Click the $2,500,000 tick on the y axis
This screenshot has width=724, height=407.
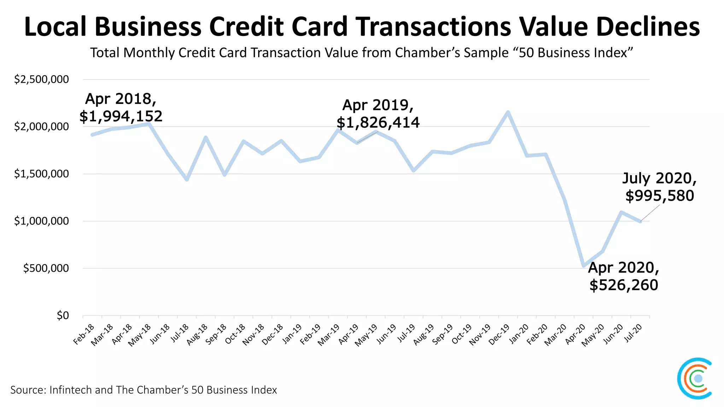41,79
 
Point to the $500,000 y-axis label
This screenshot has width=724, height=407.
46,268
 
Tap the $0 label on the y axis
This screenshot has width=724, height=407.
63,315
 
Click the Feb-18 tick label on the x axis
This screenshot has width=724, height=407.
84,334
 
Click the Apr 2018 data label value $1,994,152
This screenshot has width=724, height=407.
121,116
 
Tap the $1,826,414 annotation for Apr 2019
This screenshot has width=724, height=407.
378,123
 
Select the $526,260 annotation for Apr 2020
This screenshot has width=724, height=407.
624,285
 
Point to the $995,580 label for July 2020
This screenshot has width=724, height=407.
660,195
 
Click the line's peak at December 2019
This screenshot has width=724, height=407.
508,112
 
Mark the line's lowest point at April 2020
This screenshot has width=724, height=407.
583,266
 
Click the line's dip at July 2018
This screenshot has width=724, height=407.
187,179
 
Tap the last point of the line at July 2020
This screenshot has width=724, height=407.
640,222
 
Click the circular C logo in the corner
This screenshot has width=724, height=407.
694,378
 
